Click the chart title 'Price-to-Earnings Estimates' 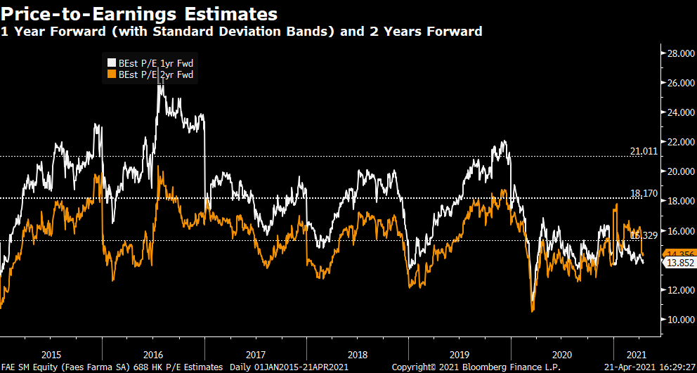(138, 13)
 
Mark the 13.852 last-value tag (679, 263)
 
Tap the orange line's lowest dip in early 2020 (533, 311)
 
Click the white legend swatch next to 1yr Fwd (110, 62)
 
